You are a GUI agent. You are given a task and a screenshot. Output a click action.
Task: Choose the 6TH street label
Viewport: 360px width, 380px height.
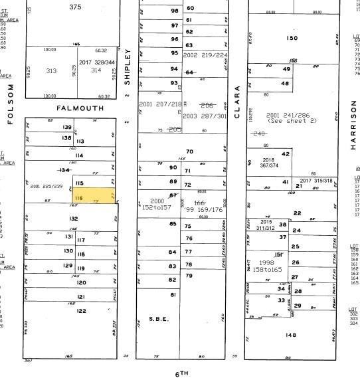click(182, 373)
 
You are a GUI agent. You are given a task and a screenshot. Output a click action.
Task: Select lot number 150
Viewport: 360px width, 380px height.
click(292, 38)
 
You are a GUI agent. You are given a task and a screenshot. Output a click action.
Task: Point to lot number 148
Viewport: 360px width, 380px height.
click(290, 334)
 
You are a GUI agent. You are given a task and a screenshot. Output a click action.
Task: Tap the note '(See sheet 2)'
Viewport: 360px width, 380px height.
click(289, 121)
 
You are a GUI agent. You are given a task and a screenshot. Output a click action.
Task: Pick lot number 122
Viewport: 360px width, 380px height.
click(81, 310)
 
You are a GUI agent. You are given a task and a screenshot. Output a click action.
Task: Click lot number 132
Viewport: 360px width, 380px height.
click(74, 219)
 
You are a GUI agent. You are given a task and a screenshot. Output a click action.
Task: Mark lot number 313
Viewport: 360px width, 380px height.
click(51, 70)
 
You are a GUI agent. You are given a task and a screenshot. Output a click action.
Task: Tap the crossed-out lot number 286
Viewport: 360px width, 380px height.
click(207, 105)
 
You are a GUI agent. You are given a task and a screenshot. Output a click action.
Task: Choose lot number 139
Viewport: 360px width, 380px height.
click(67, 127)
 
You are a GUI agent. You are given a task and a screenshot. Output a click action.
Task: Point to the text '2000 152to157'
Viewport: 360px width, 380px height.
click(157, 205)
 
